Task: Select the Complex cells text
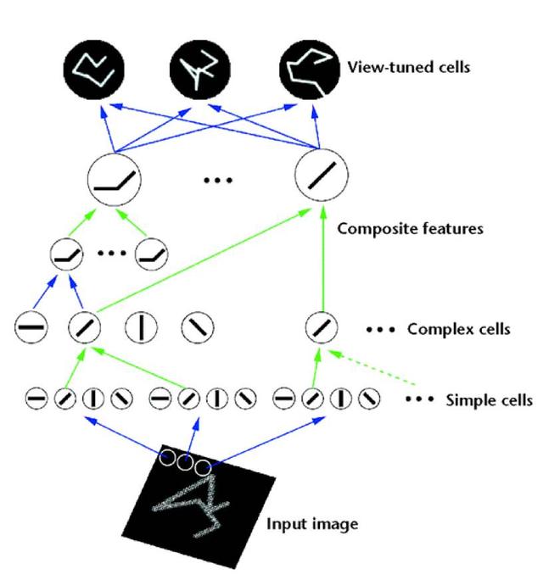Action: (459, 328)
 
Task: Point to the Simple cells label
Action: (489, 399)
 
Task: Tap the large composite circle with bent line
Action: (114, 180)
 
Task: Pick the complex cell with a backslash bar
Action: (198, 326)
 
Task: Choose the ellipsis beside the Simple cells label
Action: (419, 399)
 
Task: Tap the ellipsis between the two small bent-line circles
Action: (112, 253)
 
